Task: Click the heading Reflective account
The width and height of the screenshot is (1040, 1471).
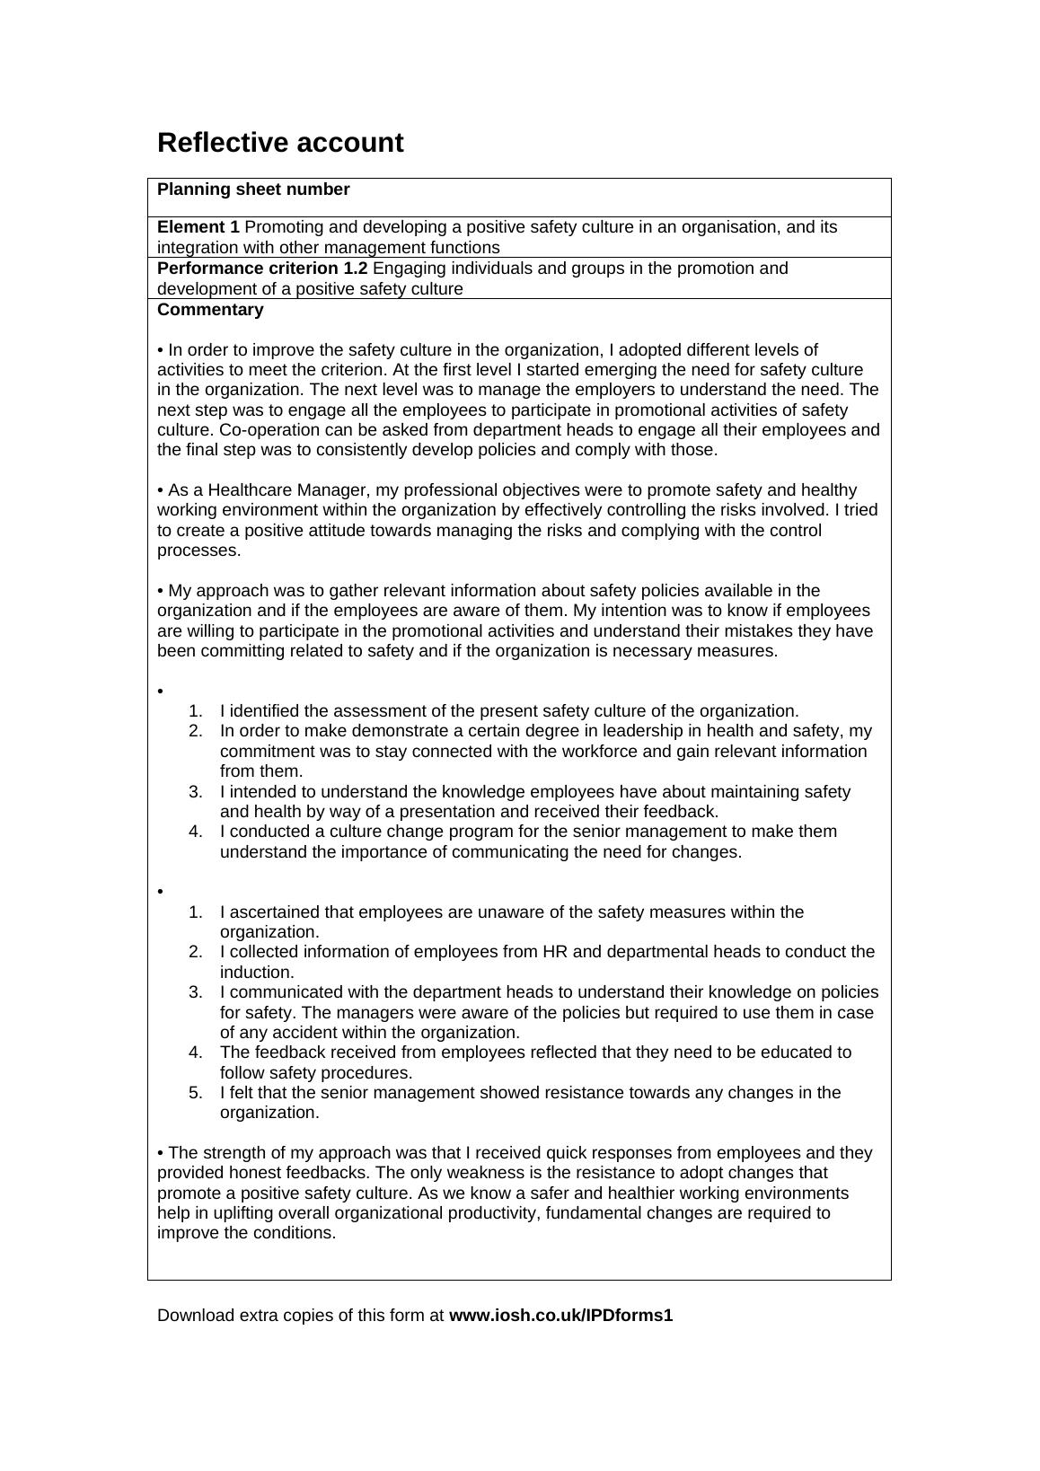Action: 280,143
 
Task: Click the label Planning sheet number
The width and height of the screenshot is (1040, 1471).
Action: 253,189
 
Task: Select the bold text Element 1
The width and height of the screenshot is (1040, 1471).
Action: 198,227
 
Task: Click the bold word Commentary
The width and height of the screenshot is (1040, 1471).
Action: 210,310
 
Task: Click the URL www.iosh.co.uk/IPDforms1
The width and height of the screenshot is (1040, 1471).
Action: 560,1316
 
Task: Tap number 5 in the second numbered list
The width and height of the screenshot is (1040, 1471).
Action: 195,1093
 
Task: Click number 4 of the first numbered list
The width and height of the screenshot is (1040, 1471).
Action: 195,832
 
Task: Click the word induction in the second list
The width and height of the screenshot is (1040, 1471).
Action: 256,973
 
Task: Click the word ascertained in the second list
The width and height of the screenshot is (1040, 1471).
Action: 275,912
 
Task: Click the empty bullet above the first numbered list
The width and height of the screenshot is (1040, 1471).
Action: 161,691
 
